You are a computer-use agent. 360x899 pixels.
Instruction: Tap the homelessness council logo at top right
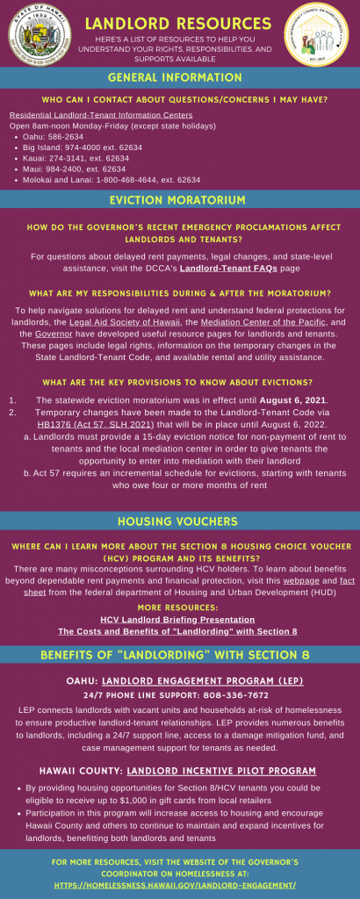pyautogui.click(x=320, y=37)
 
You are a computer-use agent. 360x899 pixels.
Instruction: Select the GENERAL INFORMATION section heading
pyautogui.click(x=179, y=78)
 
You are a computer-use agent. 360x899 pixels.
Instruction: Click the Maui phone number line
pyautogui.click(x=78, y=169)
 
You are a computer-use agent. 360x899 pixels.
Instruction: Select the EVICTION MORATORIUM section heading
pyautogui.click(x=179, y=200)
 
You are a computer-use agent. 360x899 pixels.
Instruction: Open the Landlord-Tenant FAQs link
pyautogui.click(x=234, y=268)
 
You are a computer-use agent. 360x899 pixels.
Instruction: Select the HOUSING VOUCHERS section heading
pyautogui.click(x=179, y=521)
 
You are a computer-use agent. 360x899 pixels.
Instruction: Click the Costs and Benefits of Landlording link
pyautogui.click(x=177, y=630)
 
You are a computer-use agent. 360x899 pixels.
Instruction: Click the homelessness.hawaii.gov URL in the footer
pyautogui.click(x=179, y=885)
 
